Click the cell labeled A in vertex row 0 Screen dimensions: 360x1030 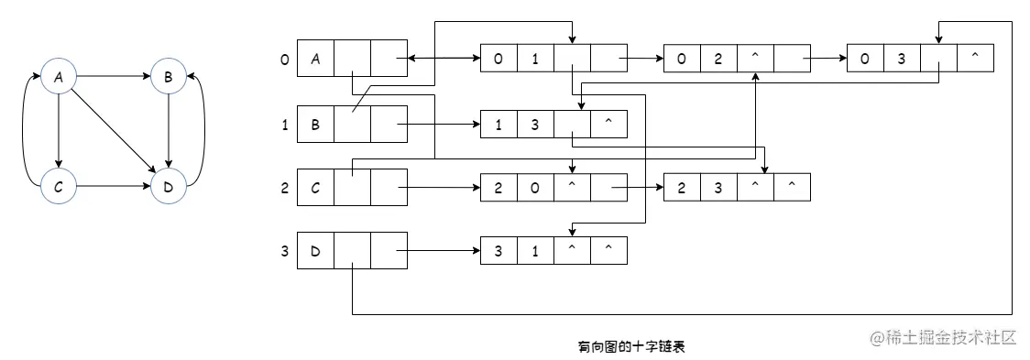315,60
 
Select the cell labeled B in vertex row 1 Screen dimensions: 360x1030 315,125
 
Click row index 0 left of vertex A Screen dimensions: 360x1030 285,60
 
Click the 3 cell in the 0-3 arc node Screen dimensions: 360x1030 902,60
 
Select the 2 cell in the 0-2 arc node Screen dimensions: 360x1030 718,60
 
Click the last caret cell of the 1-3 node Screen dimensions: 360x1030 608,125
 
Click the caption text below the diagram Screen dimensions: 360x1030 632,346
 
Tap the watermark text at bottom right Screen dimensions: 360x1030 944,337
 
